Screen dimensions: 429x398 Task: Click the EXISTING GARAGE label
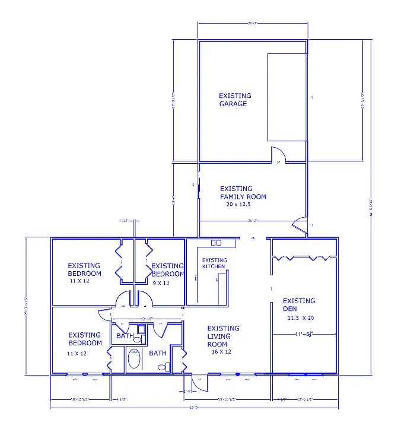pyautogui.click(x=235, y=100)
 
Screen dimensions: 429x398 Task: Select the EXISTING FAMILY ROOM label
pyautogui.click(x=243, y=192)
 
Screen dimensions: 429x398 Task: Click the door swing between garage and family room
pyautogui.click(x=279, y=154)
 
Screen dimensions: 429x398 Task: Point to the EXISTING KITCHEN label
pyautogui.click(x=214, y=263)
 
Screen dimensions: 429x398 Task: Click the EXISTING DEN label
pyautogui.click(x=299, y=305)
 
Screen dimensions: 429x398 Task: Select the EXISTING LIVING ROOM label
pyautogui.click(x=224, y=336)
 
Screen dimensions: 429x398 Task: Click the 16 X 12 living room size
pyautogui.click(x=220, y=352)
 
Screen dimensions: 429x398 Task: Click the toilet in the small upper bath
pyautogui.click(x=138, y=339)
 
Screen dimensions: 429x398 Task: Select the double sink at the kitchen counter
pyautogui.click(x=216, y=243)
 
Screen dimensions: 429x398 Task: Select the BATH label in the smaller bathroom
pyautogui.click(x=125, y=336)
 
